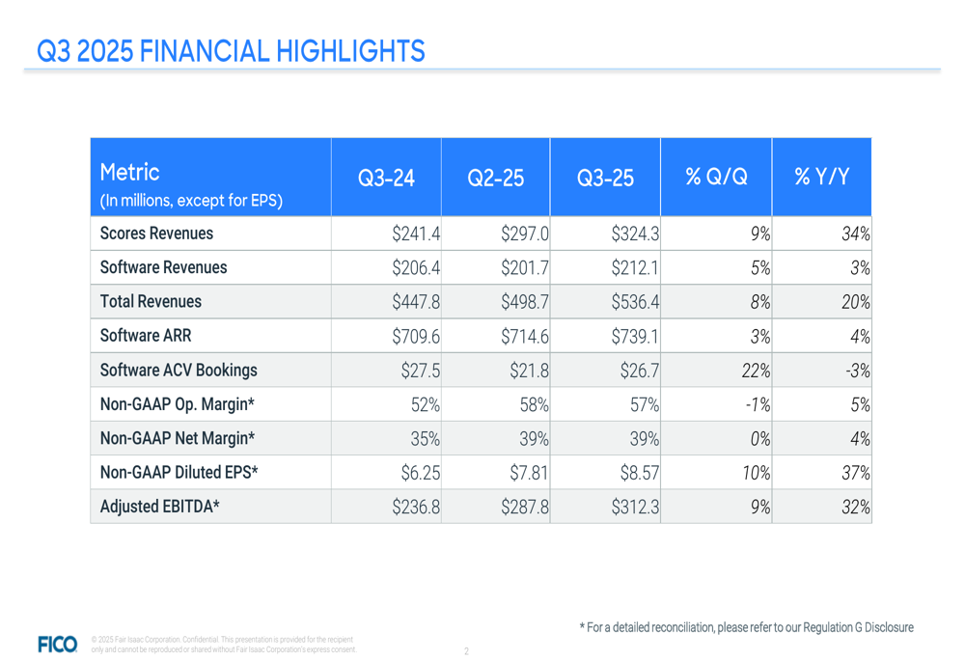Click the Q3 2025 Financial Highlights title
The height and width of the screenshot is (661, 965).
click(x=231, y=50)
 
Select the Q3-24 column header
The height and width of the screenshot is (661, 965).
click(x=386, y=178)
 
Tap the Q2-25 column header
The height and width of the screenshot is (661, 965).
click(x=495, y=178)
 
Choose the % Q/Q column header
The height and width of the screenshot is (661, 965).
click(x=715, y=178)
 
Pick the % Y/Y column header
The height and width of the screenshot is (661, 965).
click(x=821, y=178)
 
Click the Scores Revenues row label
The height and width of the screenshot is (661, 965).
click(x=157, y=234)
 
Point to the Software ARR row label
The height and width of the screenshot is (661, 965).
click(x=145, y=336)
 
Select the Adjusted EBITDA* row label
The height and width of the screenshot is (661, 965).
click(x=160, y=507)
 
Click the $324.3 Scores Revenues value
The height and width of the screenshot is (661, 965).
click(x=635, y=234)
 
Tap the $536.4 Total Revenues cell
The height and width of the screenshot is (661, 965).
click(x=635, y=302)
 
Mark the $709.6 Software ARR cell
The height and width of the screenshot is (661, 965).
click(x=416, y=336)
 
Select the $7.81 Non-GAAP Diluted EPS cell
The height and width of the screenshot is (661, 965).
click(x=529, y=473)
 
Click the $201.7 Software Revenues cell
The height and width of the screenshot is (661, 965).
click(x=525, y=267)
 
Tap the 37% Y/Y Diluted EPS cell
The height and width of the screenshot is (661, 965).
click(x=855, y=473)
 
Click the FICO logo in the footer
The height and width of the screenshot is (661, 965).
click(x=56, y=643)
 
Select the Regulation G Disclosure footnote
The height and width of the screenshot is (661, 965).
click(x=746, y=627)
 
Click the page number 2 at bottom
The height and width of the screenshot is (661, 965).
click(x=466, y=651)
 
